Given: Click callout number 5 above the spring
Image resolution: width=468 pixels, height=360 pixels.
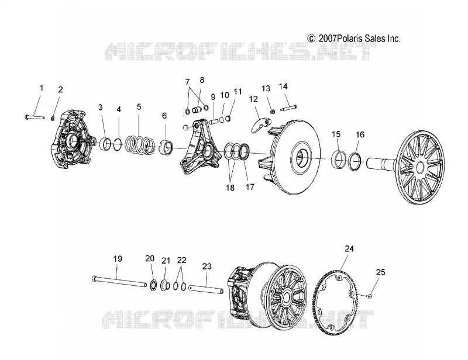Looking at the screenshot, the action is click(139, 107).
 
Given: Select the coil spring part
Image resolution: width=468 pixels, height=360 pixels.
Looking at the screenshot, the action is click(139, 145).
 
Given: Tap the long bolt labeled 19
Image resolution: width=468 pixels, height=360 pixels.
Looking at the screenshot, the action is click(119, 282).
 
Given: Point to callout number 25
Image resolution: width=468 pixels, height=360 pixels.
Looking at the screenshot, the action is click(381, 272).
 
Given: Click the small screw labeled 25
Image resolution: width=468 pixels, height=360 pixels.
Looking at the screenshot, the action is click(369, 296).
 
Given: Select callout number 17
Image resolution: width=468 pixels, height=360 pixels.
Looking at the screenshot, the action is click(250, 187).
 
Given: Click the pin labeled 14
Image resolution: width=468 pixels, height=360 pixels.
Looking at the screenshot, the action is click(288, 107).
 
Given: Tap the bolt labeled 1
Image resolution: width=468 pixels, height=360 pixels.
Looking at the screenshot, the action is click(34, 117).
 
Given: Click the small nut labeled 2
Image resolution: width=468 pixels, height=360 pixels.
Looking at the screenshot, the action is click(52, 119).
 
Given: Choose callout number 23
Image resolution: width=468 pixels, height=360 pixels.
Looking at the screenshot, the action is click(207, 266).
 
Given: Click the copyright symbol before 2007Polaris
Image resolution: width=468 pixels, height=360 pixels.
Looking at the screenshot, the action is click(311, 39).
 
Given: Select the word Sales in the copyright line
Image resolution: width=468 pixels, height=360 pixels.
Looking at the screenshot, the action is click(374, 39).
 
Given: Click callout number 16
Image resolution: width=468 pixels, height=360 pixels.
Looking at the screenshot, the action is click(360, 134).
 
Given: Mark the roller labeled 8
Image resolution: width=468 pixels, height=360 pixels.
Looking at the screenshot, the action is click(197, 110).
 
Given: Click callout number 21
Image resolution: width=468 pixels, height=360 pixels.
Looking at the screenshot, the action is click(166, 261).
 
